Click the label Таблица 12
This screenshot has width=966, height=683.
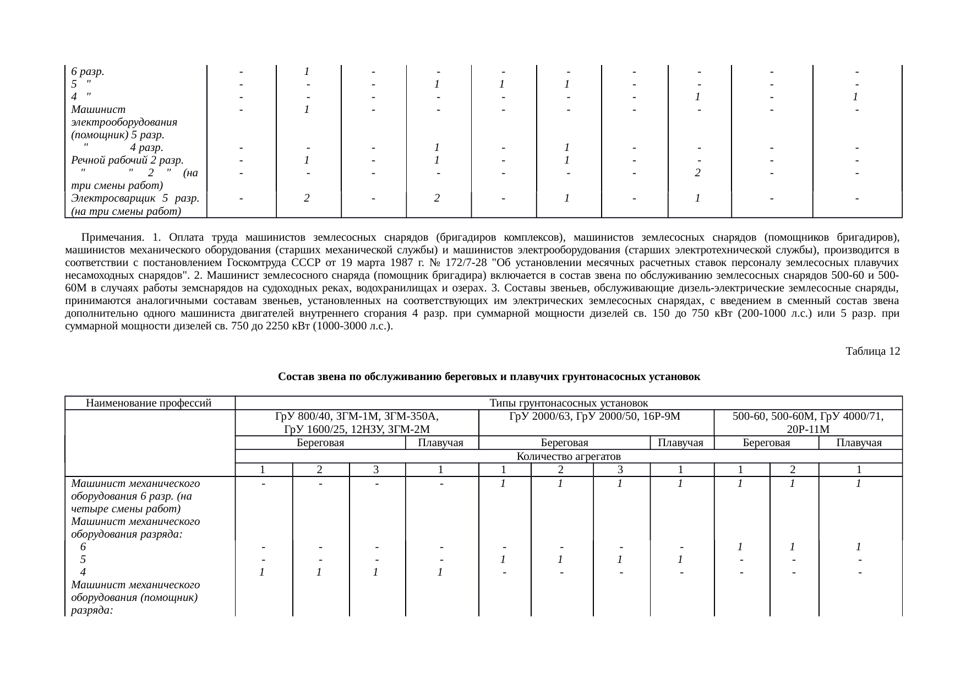(x=872, y=351)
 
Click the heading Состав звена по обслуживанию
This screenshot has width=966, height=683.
(x=488, y=377)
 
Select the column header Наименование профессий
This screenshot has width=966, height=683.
(x=149, y=403)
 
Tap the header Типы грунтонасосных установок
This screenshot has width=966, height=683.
(x=569, y=403)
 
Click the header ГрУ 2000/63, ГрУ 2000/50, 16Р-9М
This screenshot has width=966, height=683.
(x=596, y=416)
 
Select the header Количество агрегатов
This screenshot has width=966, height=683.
(x=569, y=456)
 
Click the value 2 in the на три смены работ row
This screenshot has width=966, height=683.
(x=697, y=173)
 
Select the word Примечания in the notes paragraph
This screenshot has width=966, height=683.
(x=112, y=237)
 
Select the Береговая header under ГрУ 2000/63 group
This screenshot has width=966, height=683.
(x=565, y=443)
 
